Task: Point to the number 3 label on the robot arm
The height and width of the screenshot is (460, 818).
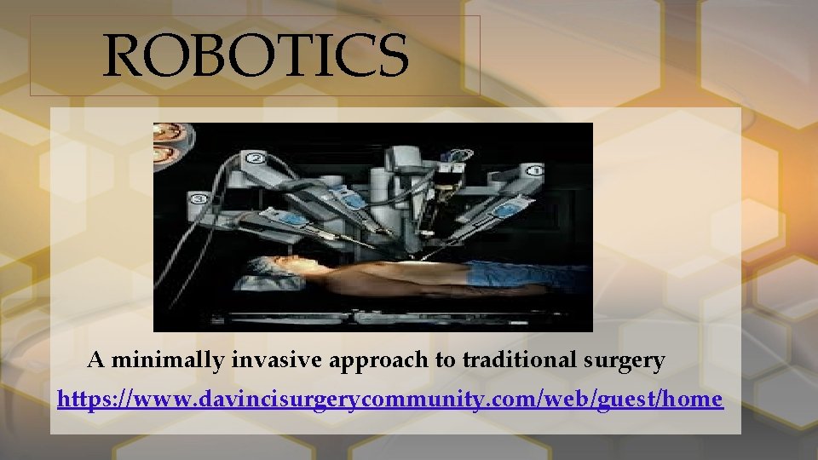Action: point(199,199)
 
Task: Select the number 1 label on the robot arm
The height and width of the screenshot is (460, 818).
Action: point(534,170)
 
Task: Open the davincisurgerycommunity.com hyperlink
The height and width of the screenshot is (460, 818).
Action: point(390,398)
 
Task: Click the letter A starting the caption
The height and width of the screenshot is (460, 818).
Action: point(96,360)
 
